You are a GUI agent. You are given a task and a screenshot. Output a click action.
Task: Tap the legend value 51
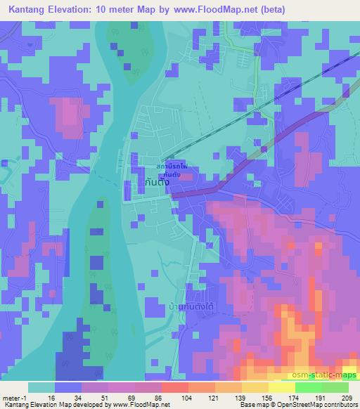click(104, 397)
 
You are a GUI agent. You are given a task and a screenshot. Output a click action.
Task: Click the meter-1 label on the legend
click(13, 397)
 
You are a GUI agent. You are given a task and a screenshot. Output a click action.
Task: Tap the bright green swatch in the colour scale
click(308, 387)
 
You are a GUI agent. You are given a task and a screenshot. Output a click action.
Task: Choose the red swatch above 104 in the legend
click(174, 387)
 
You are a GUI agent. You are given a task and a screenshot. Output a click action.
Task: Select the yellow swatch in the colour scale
click(281, 387)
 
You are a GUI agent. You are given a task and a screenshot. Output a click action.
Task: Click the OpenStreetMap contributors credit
click(316, 405)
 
